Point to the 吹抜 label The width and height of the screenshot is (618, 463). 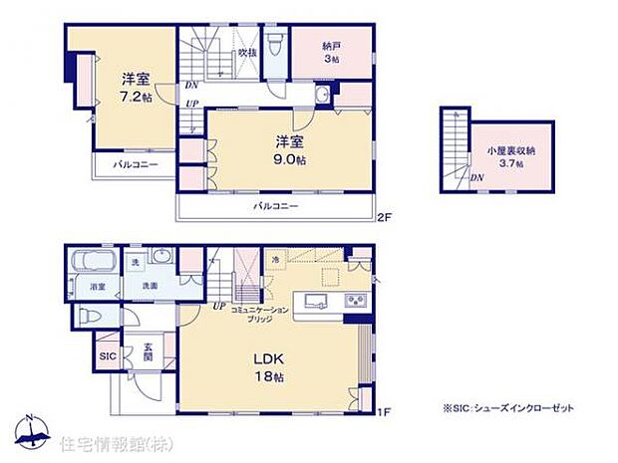coord(246,51)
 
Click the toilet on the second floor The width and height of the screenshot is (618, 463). coord(323,97)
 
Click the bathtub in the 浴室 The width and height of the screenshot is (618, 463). coord(93,266)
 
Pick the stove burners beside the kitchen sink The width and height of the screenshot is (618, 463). coord(354,301)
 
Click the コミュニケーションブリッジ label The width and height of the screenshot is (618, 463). coord(261,313)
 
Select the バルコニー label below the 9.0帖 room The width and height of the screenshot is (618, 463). coord(275,206)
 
